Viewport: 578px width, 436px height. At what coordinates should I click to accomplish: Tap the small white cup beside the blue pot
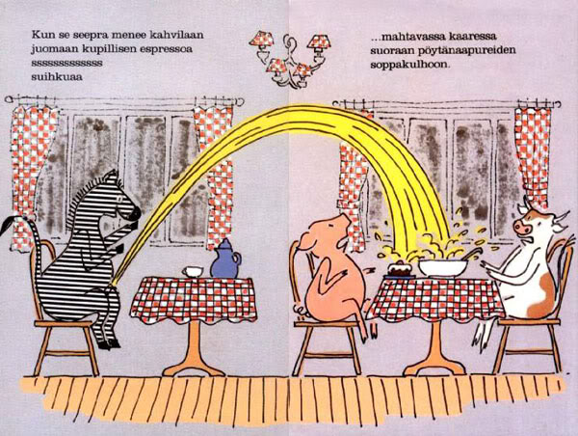(x=195, y=271)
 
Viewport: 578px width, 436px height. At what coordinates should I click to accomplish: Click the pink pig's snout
(x=340, y=224)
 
